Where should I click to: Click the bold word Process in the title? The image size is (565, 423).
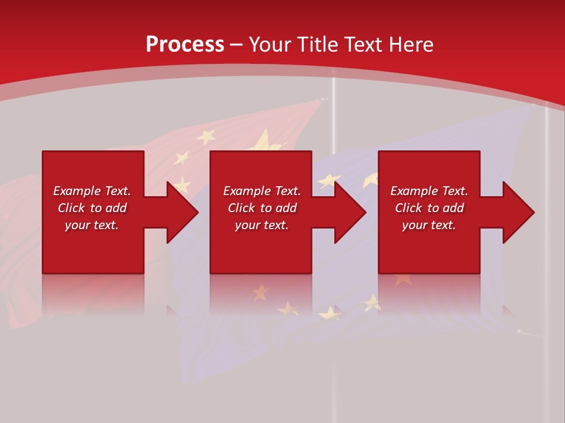(185, 45)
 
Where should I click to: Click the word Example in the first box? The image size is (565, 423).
(77, 191)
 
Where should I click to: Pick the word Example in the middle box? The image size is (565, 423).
(247, 191)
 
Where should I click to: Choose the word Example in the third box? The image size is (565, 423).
(414, 191)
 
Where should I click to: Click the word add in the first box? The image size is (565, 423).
(116, 208)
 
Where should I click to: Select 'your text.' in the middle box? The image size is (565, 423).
(261, 225)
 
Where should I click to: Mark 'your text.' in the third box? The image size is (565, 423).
(428, 225)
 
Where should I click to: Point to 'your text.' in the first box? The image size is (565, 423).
(91, 225)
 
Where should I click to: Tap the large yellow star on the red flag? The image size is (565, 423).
(268, 143)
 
